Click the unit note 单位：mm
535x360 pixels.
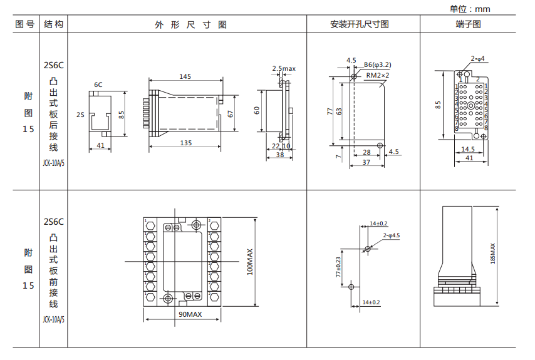[x=470, y=9]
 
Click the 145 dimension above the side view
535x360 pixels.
[x=185, y=76]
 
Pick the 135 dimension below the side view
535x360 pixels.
[x=185, y=143]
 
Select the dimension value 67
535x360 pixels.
[x=231, y=114]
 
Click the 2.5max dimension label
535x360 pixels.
[x=283, y=68]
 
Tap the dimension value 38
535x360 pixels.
[x=279, y=154]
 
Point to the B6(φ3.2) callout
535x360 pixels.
[x=378, y=64]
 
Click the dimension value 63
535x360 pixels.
[x=339, y=110]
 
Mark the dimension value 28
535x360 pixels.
[x=366, y=152]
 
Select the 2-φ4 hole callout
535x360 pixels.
[x=478, y=59]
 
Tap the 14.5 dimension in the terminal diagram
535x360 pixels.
[x=468, y=149]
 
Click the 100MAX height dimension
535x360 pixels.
[x=251, y=262]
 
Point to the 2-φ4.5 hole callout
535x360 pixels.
[x=391, y=235]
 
